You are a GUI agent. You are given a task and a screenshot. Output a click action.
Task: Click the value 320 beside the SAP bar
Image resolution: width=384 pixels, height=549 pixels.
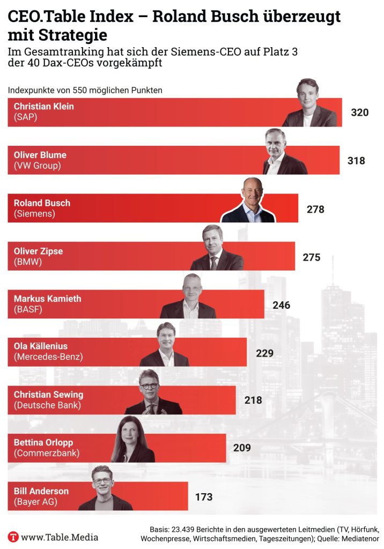[x=360, y=113]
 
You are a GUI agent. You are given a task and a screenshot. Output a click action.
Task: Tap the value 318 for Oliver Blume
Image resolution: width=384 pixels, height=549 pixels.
[x=356, y=161]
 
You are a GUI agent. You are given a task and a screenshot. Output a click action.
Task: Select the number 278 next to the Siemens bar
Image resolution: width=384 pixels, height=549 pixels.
[x=315, y=209]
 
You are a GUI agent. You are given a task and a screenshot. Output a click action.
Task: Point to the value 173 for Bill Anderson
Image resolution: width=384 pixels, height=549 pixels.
[x=204, y=497]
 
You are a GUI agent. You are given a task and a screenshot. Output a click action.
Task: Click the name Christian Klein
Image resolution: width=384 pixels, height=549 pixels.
[x=44, y=106]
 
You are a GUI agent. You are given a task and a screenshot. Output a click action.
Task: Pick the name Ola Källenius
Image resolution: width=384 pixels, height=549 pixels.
[x=41, y=346]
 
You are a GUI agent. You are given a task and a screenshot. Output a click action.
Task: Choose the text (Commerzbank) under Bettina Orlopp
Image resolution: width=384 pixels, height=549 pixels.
[x=47, y=453]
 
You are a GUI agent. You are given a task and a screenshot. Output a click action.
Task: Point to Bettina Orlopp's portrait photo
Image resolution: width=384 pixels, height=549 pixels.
[x=132, y=441]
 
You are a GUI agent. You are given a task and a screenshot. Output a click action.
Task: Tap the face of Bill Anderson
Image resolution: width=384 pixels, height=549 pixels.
[x=102, y=480]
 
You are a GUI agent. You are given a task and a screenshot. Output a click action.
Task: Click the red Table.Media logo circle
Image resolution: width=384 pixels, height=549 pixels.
[x=13, y=537]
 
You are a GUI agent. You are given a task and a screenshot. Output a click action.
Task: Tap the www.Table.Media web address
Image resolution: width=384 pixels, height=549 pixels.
[x=60, y=537]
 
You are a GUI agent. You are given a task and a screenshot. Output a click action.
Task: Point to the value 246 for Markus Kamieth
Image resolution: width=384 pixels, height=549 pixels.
[x=280, y=306]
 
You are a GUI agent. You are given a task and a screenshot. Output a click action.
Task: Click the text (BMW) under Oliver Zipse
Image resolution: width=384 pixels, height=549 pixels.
[x=28, y=262]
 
